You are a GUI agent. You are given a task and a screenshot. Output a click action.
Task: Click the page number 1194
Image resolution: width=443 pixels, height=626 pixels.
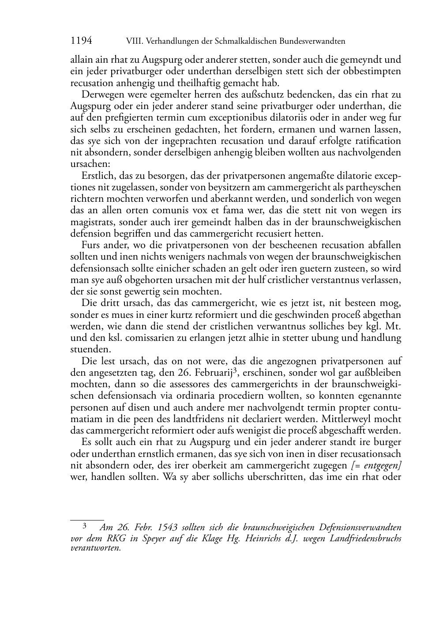click(81, 41)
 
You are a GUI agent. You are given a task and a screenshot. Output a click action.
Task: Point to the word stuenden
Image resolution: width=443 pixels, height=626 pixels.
click(86, 349)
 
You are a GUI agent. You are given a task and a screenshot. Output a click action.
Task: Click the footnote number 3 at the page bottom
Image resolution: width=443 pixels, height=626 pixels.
click(84, 526)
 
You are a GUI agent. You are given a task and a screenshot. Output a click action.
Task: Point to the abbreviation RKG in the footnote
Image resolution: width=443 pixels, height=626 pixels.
click(115, 538)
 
